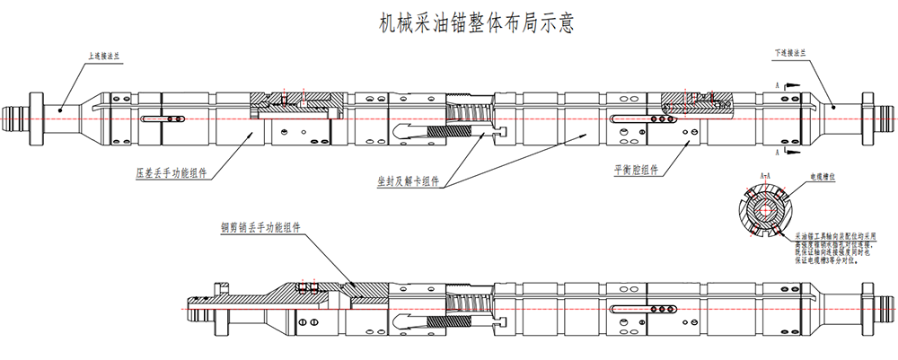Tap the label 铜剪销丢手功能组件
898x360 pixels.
coord(260,228)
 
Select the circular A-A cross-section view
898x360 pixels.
coord(763,211)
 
